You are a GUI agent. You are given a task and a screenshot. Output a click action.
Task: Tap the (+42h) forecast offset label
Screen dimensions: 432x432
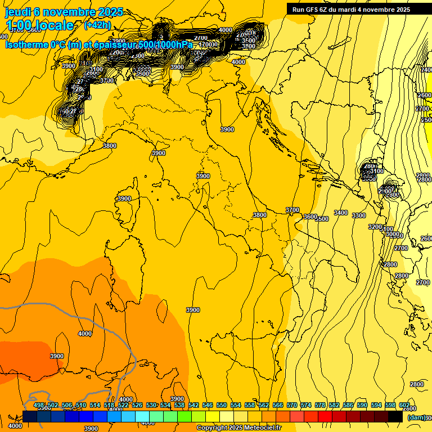click(97, 25)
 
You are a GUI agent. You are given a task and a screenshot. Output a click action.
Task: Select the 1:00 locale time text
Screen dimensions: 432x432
click(40, 25)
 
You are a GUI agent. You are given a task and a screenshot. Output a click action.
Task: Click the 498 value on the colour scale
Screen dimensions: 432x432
click(39, 406)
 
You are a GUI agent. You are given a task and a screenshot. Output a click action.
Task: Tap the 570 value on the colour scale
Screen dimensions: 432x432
click(292, 406)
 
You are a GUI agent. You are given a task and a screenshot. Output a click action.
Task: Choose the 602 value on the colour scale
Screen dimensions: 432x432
click(404, 406)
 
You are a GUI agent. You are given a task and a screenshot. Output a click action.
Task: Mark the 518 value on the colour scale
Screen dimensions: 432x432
click(109, 406)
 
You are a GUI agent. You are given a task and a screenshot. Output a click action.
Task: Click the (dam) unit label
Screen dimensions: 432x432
click(416, 417)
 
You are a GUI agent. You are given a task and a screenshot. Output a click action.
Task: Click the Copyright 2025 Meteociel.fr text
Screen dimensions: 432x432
click(238, 428)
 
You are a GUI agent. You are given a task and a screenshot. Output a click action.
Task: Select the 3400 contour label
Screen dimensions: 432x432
click(340, 213)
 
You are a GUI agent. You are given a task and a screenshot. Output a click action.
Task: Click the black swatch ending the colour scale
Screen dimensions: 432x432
click(395, 416)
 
